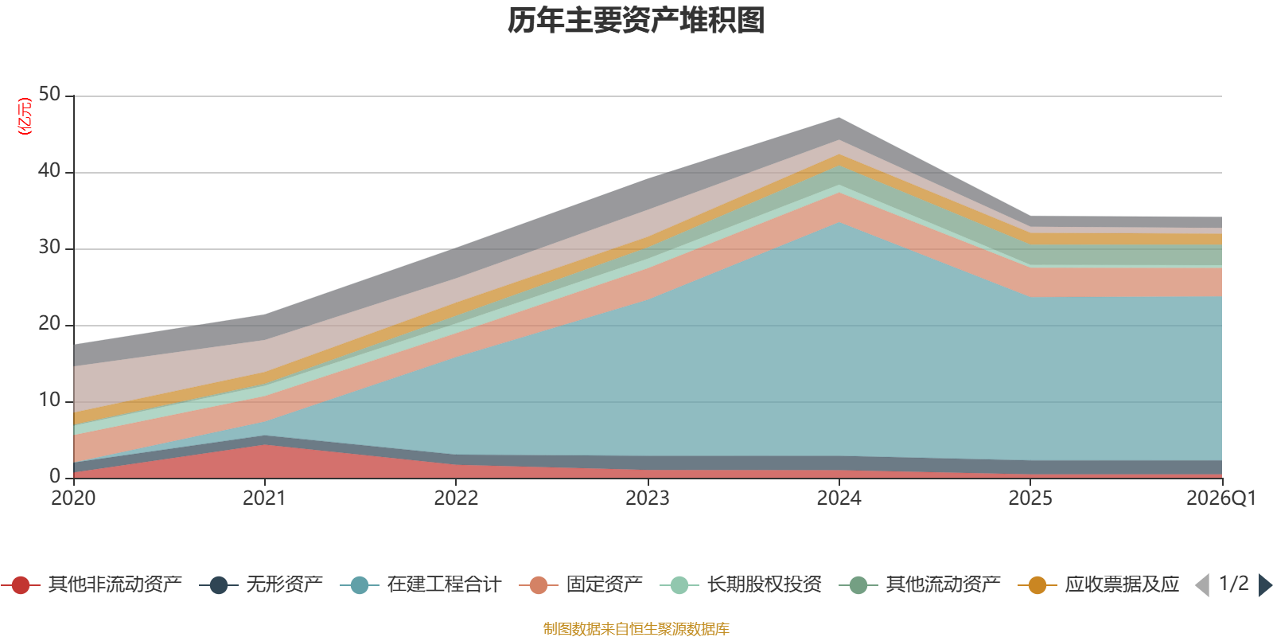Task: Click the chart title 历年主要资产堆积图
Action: pyautogui.click(x=636, y=21)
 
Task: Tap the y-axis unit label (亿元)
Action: pyautogui.click(x=25, y=116)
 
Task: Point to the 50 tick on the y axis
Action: pyautogui.click(x=49, y=95)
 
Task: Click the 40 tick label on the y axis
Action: pyautogui.click(x=49, y=170)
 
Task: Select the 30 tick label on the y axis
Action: pyautogui.click(x=49, y=248)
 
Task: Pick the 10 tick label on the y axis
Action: pyautogui.click(x=49, y=401)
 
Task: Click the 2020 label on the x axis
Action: pyautogui.click(x=73, y=498)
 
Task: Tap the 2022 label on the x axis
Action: pyautogui.click(x=457, y=498)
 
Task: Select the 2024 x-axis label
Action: pyautogui.click(x=839, y=498)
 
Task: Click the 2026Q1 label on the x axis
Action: pyautogui.click(x=1221, y=498)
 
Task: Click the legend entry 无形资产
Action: pyautogui.click(x=261, y=584)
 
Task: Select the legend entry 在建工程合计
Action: pyautogui.click(x=421, y=584)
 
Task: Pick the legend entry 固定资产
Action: pyautogui.click(x=581, y=584)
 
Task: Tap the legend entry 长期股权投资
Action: pyautogui.click(x=741, y=584)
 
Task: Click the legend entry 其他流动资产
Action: pyautogui.click(x=920, y=584)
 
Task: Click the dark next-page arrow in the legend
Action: pyautogui.click(x=1264, y=585)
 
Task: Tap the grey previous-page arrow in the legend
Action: pyautogui.click(x=1202, y=585)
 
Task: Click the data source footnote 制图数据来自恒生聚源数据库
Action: pyautogui.click(x=636, y=628)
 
